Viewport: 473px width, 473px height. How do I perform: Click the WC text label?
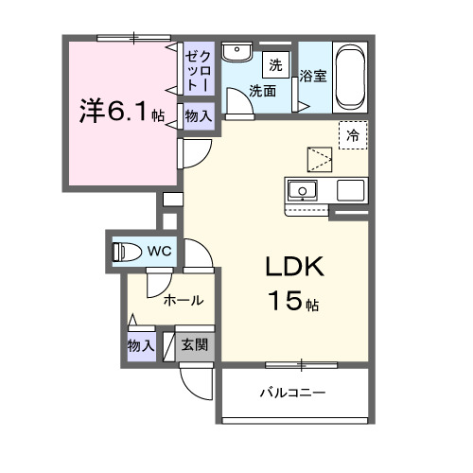(x=159, y=251)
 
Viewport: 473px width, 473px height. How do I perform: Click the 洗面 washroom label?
(x=263, y=92)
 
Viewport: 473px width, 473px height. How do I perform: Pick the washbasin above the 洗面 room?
(x=236, y=51)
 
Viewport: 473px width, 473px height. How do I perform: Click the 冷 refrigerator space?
(x=352, y=135)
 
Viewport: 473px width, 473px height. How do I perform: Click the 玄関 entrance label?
(x=195, y=344)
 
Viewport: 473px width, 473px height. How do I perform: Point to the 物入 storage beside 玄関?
(x=141, y=344)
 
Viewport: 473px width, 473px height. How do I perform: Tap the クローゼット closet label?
(x=199, y=70)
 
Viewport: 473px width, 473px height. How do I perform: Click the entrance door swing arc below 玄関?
(x=196, y=383)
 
